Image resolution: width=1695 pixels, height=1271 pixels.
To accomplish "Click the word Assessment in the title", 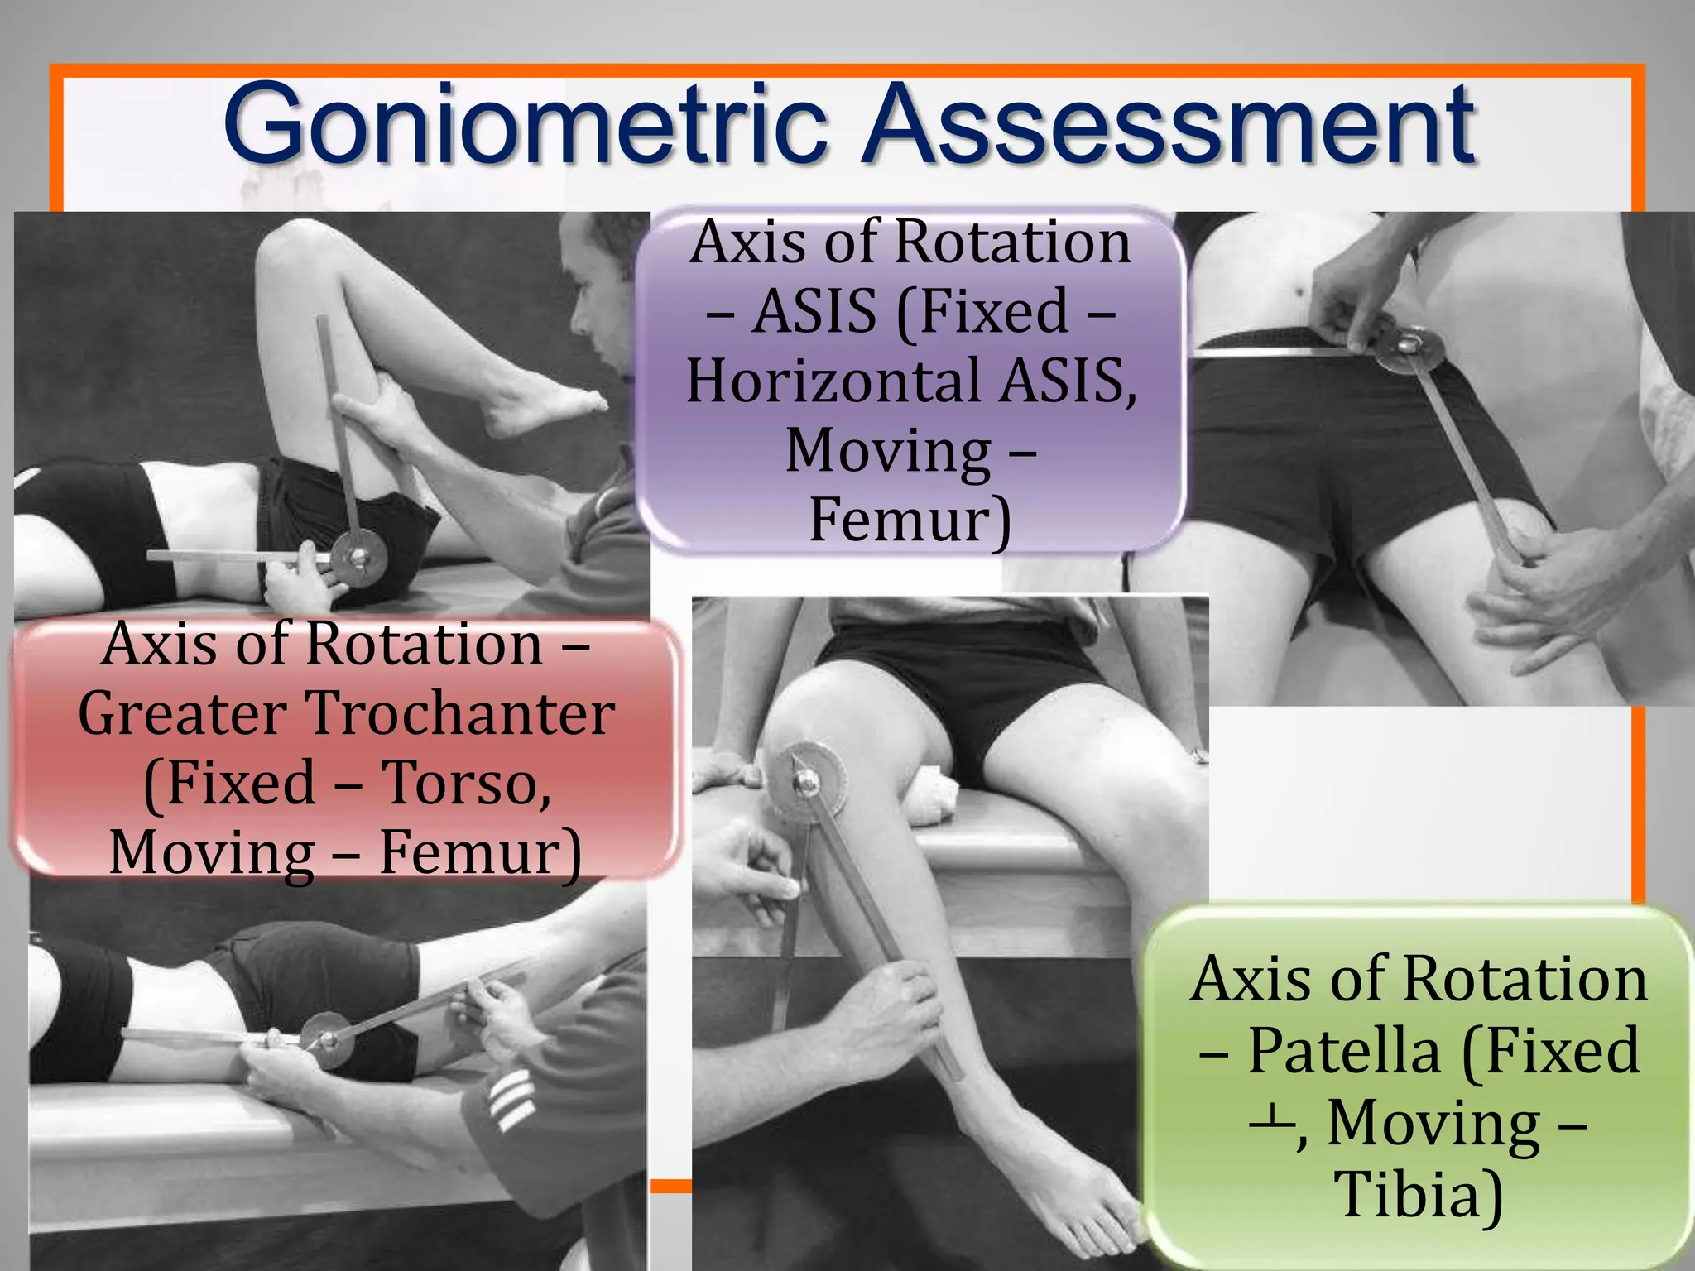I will point(1167,124).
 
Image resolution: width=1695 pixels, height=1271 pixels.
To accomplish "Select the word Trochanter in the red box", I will point(460,713).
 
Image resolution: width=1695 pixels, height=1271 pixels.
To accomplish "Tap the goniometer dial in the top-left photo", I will point(359,559).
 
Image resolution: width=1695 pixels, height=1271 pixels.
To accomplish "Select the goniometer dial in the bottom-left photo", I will point(326,1039).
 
